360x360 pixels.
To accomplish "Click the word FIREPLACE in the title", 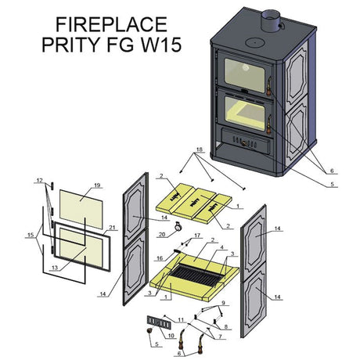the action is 111,24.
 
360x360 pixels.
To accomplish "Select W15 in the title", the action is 161,45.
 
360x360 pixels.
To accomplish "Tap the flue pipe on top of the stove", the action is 271,20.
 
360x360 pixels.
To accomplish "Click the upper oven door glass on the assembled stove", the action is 244,75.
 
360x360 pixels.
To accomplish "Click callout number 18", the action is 200,149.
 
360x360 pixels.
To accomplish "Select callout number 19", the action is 97,185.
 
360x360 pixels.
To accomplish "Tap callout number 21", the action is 112,228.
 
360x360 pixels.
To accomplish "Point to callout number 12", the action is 39,180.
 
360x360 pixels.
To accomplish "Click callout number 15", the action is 31,235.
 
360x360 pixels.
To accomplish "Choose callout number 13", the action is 55,268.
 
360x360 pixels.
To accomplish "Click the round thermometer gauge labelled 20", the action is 178,226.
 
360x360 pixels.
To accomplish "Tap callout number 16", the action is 160,258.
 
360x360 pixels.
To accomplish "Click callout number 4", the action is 222,247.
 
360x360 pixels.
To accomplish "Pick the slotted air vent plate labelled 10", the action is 159,322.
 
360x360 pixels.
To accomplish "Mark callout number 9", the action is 223,303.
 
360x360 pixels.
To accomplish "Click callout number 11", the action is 181,320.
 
